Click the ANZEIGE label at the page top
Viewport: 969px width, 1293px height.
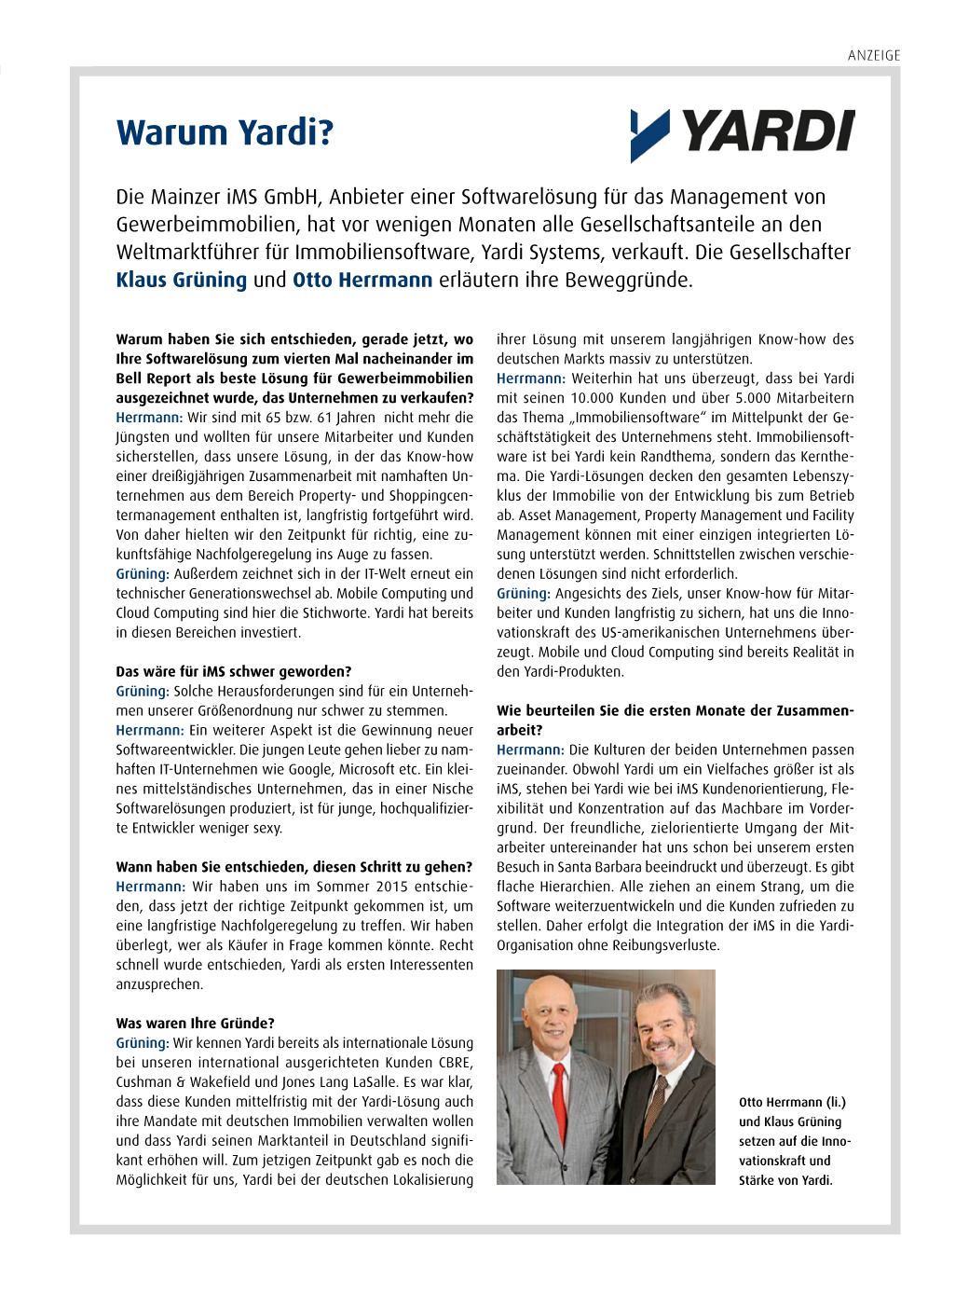pos(873,55)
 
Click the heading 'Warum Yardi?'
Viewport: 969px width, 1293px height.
pos(224,133)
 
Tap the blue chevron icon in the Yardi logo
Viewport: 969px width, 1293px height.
pos(649,134)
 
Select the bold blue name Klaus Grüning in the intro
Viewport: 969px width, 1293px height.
pos(181,280)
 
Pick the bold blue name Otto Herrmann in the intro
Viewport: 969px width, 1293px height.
pos(362,280)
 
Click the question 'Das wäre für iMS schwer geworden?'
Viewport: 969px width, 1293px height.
pos(233,671)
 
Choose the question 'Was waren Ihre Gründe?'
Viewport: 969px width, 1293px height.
pos(195,1023)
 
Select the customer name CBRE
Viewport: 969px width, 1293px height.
pos(456,1063)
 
